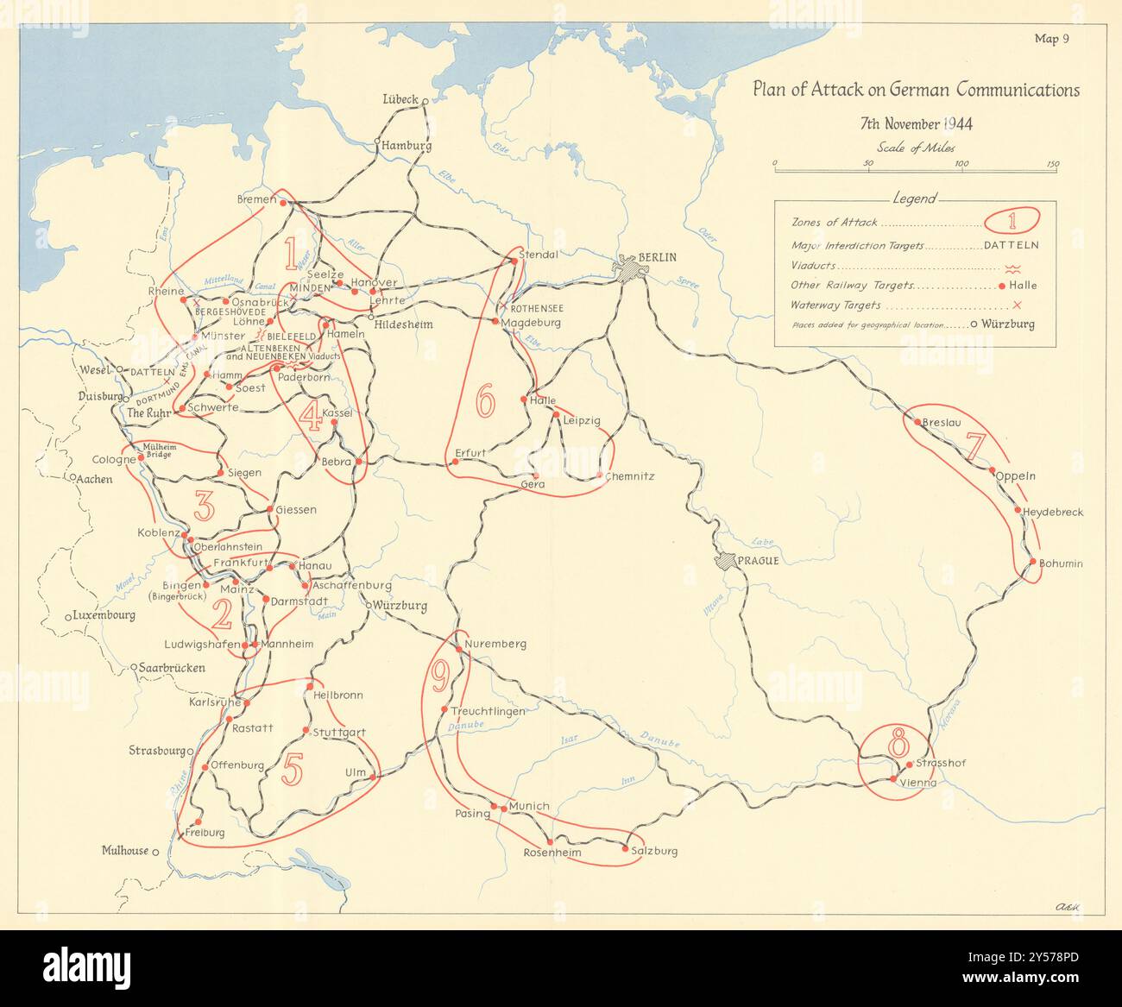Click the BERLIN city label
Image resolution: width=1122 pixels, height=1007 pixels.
point(659,257)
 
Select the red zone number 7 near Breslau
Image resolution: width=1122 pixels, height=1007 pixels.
point(975,446)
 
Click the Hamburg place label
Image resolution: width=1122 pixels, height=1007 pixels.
point(407,146)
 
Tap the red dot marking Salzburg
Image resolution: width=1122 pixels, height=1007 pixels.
point(625,849)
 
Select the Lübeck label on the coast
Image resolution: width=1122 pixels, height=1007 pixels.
point(400,99)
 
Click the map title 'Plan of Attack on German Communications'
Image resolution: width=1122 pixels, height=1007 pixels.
point(916,91)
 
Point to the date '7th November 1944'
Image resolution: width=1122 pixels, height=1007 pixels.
point(916,123)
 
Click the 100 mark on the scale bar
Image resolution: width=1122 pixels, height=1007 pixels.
point(961,164)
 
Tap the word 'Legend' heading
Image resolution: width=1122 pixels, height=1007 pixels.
point(914,198)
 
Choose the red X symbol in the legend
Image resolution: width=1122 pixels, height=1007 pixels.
point(1017,305)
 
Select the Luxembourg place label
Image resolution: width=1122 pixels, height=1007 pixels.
point(104,616)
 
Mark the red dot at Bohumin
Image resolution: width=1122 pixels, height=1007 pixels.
point(1032,563)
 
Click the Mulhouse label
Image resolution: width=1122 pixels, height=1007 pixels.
point(125,851)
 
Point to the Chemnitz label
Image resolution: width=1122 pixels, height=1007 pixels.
point(630,476)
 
